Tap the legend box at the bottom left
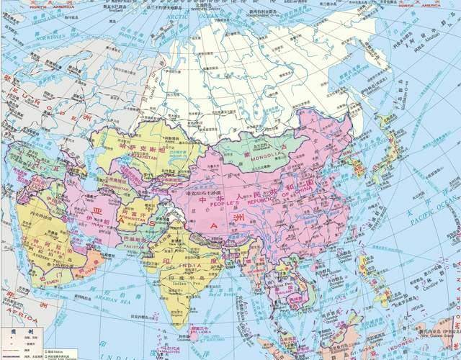click(x=22, y=343)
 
